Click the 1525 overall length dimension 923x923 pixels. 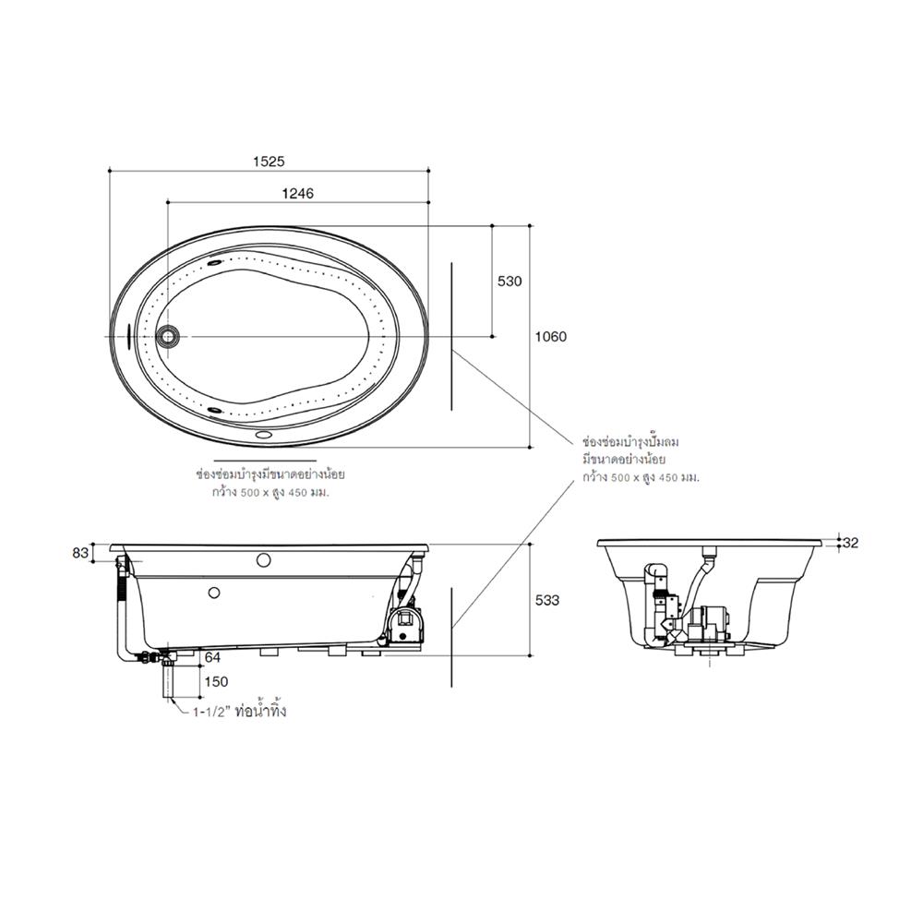pos(270,161)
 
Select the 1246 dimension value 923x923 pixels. pos(298,194)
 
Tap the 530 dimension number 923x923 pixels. pos(509,281)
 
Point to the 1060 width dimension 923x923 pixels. pos(551,336)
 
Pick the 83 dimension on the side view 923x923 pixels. pos(81,553)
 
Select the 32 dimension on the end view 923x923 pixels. pos(850,543)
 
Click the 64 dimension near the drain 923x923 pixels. pos(212,657)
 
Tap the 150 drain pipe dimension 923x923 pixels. pos(215,682)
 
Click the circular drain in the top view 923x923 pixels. pos(168,335)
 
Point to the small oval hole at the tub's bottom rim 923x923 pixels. pos(262,432)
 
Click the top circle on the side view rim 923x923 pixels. pos(262,559)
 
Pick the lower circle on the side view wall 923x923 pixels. pos(214,593)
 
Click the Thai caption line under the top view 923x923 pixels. pos(264,475)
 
